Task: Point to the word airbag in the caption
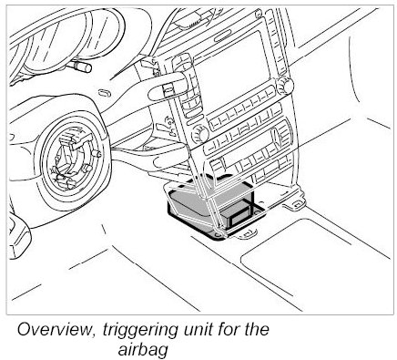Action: [143, 351]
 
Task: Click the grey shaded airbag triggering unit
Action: [209, 208]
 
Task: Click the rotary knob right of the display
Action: [284, 85]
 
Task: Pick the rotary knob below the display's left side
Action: [199, 133]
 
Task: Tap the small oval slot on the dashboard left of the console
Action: [104, 92]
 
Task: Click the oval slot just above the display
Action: [222, 38]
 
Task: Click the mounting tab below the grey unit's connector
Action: [249, 233]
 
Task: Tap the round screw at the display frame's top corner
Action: [259, 14]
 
